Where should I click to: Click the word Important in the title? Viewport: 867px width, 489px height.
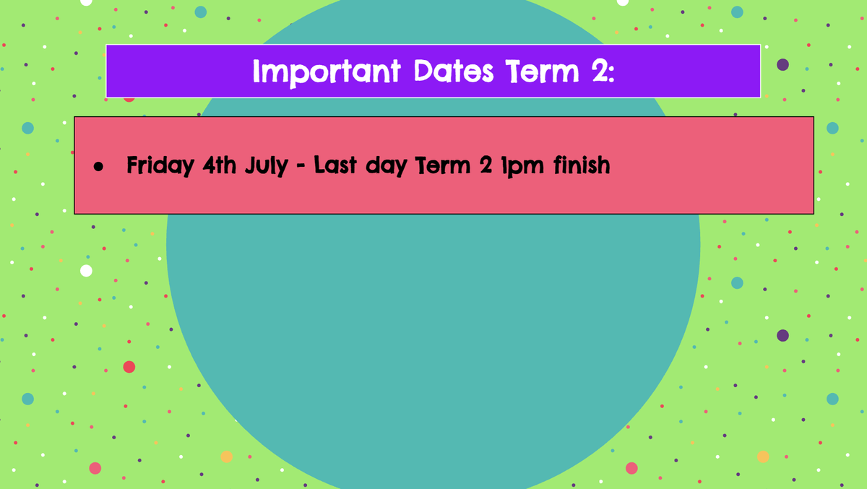(327, 73)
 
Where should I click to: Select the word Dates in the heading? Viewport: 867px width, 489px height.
(454, 72)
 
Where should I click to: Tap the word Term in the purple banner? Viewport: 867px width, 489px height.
(542, 72)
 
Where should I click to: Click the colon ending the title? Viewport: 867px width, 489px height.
(611, 74)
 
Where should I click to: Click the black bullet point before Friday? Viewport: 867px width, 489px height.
(98, 167)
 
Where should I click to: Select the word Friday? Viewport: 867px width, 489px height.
(160, 166)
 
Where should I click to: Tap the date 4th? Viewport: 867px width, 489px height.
(219, 165)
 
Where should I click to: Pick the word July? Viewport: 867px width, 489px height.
(267, 166)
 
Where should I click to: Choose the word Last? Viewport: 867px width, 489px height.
(335, 165)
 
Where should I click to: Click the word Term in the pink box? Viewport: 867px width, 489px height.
(443, 165)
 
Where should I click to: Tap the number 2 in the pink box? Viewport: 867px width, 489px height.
(486, 165)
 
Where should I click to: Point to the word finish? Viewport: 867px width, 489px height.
(582, 165)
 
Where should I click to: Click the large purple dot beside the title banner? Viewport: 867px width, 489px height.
(782, 64)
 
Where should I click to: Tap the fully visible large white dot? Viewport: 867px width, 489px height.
(86, 270)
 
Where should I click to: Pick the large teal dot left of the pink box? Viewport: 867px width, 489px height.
(28, 128)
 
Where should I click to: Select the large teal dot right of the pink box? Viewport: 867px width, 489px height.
(832, 128)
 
